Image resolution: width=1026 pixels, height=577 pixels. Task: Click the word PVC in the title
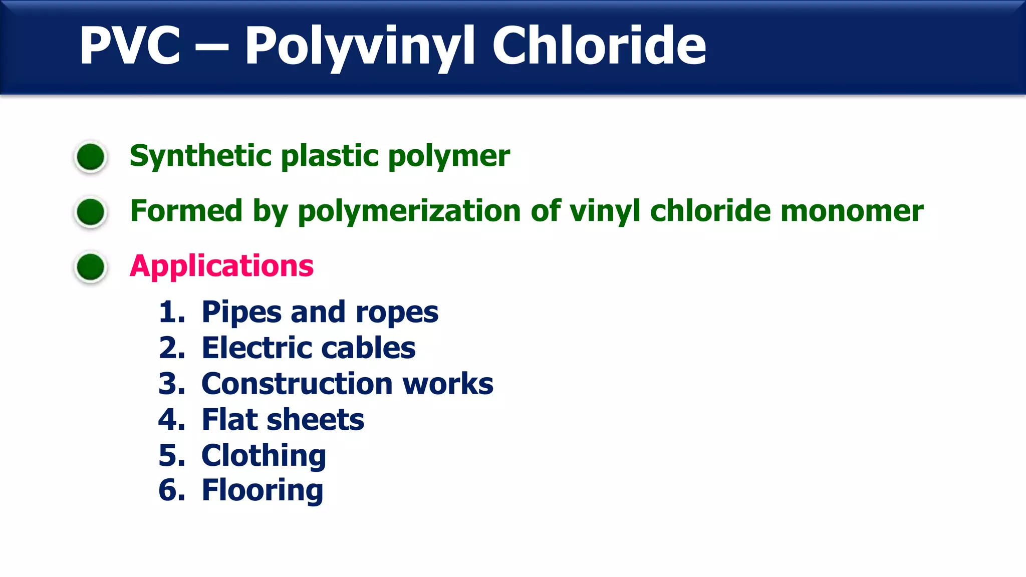pos(130,46)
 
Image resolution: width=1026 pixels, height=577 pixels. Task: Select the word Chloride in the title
pos(599,46)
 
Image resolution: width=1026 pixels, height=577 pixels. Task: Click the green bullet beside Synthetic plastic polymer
pos(91,157)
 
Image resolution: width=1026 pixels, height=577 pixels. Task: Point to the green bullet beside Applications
pos(91,266)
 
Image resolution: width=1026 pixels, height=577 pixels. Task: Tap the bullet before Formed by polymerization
pos(91,211)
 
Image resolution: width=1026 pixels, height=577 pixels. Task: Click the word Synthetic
pos(200,156)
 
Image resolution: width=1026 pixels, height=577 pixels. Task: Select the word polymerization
pos(409,211)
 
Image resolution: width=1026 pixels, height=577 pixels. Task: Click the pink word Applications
pos(221,266)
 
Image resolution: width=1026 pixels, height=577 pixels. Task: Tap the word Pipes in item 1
pos(241,312)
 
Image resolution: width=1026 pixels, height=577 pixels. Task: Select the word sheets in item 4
pos(315,419)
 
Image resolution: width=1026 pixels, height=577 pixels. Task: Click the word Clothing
pos(264,456)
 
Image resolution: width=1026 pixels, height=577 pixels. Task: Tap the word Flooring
pos(263,490)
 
